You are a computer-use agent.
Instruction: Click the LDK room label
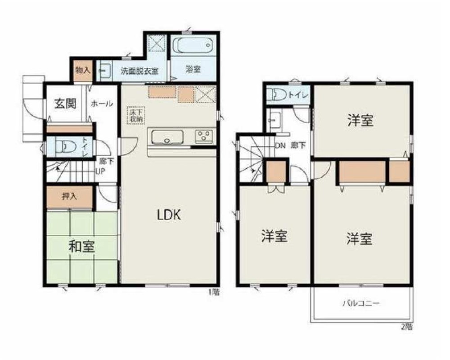coord(169,215)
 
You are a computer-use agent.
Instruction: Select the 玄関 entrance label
coord(65,103)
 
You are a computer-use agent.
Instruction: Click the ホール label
coord(102,103)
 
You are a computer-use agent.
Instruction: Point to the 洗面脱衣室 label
coord(139,71)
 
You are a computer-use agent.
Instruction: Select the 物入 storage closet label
coord(83,70)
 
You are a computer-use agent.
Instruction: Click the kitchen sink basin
coord(167,136)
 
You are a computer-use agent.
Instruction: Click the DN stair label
coord(280,145)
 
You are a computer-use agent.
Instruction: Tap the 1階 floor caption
coord(214,292)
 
